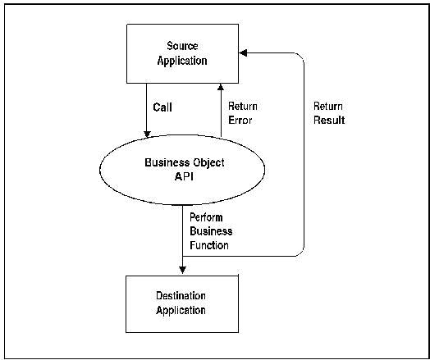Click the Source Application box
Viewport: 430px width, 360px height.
(x=182, y=53)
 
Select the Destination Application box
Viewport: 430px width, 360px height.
(x=182, y=303)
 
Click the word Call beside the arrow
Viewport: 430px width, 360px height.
(x=162, y=107)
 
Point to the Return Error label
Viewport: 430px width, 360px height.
(x=240, y=113)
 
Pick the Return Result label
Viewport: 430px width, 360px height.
(x=328, y=113)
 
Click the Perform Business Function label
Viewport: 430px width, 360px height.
(x=209, y=231)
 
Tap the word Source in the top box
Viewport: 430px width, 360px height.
(x=182, y=46)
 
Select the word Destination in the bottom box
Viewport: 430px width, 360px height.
(x=181, y=295)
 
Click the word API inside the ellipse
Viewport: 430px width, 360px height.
(x=184, y=176)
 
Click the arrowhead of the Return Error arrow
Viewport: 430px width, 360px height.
(x=220, y=86)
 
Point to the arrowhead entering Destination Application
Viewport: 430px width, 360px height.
(x=181, y=271)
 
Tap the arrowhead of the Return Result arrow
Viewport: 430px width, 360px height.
(x=243, y=52)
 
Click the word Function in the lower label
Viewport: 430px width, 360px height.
(x=209, y=245)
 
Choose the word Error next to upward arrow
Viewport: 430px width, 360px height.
(x=240, y=121)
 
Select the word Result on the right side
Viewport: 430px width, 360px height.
(x=328, y=121)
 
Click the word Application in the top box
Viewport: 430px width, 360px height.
(x=182, y=61)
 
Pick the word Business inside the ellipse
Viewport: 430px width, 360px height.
(x=165, y=162)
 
